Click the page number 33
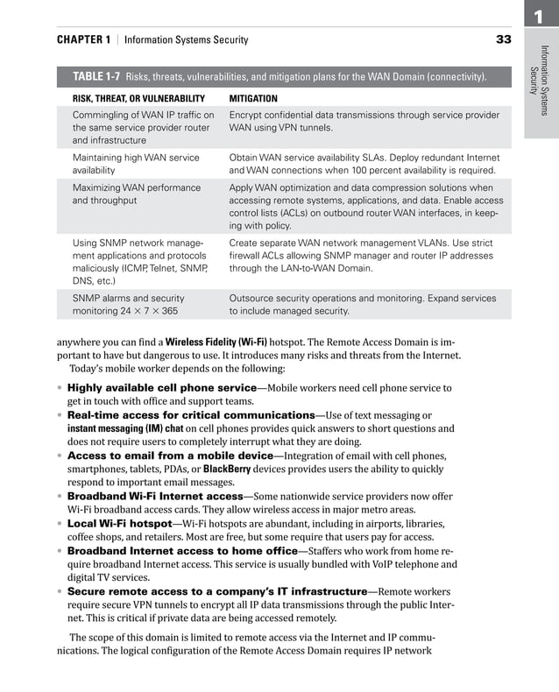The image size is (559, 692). (x=503, y=39)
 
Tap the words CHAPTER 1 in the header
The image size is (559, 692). (x=83, y=39)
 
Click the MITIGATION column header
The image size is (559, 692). (x=252, y=99)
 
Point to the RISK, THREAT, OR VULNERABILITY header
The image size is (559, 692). (x=138, y=99)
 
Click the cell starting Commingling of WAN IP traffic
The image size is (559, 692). (x=143, y=128)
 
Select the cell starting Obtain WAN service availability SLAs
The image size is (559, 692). (x=363, y=164)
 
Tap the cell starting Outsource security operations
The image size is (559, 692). (x=363, y=304)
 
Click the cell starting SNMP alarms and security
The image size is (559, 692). (x=128, y=304)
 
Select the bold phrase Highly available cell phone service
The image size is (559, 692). (x=161, y=387)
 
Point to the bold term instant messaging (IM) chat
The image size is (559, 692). (x=125, y=428)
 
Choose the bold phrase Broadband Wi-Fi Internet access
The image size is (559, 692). (x=153, y=496)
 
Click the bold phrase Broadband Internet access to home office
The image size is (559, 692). (x=182, y=550)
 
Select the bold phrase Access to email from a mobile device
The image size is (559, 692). (x=170, y=455)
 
